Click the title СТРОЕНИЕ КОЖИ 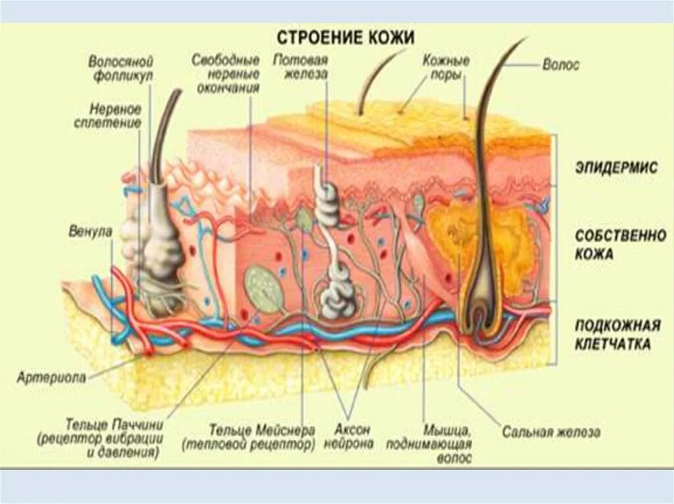pyautogui.click(x=345, y=36)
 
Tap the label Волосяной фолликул pyautogui.click(x=121, y=68)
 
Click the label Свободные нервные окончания pyautogui.click(x=225, y=74)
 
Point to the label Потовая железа pyautogui.click(x=301, y=67)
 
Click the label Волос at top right pyautogui.click(x=561, y=66)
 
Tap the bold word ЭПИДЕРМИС pyautogui.click(x=615, y=168)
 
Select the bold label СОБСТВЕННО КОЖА pyautogui.click(x=621, y=244)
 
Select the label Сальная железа pyautogui.click(x=552, y=433)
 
